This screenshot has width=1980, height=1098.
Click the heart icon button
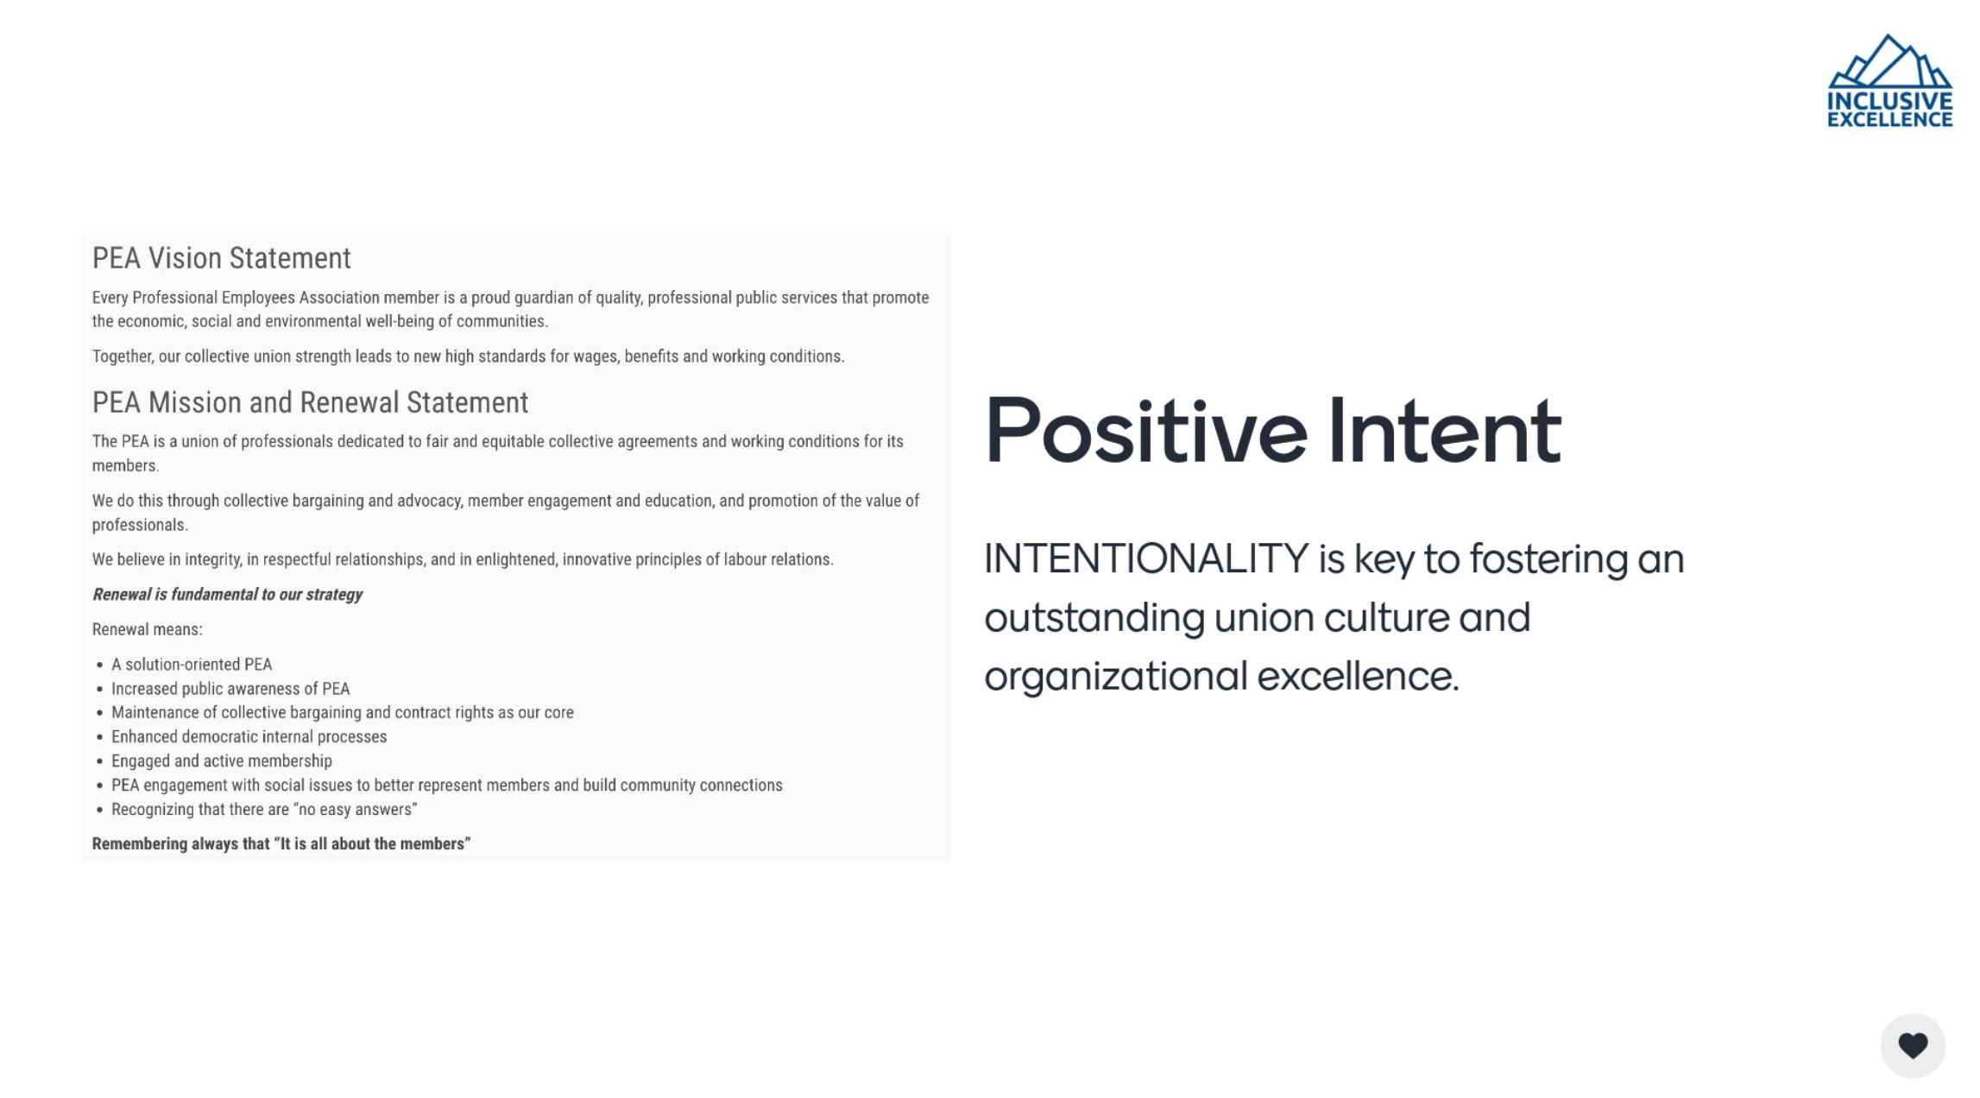point(1913,1045)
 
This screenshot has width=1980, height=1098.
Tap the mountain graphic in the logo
point(1889,61)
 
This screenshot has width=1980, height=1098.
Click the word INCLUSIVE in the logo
point(1889,101)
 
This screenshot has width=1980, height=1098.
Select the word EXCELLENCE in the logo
point(1889,119)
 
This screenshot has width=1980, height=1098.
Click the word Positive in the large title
point(1146,431)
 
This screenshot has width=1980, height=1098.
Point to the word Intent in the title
point(1444,431)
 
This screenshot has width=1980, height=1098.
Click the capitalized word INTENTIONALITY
point(1146,558)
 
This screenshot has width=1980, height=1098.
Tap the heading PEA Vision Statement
point(222,258)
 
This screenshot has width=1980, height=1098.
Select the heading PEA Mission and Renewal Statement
point(310,402)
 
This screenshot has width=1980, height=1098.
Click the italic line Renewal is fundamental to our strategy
point(227,594)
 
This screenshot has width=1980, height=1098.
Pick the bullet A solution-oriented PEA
point(192,664)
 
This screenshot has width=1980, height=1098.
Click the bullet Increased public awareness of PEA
point(230,688)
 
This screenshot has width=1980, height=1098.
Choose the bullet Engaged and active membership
point(222,760)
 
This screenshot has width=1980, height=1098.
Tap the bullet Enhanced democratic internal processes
point(249,736)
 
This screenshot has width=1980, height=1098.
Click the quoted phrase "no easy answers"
point(356,809)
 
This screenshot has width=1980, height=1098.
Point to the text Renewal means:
point(148,629)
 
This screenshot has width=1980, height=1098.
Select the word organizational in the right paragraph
point(1114,677)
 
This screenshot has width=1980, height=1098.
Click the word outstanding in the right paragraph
point(1094,618)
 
